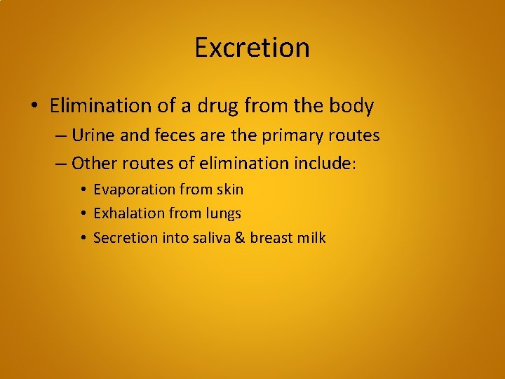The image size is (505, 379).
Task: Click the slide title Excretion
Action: coord(252,48)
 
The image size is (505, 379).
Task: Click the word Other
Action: coord(93,164)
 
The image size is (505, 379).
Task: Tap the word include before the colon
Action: coord(327,164)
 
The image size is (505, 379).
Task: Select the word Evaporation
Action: coord(134,189)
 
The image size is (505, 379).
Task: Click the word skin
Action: coord(229,189)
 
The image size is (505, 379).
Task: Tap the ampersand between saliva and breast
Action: coord(238,237)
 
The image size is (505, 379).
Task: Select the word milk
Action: coord(311,237)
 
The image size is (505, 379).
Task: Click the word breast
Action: coord(271,237)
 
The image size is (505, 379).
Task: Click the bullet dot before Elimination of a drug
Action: coord(34,107)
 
